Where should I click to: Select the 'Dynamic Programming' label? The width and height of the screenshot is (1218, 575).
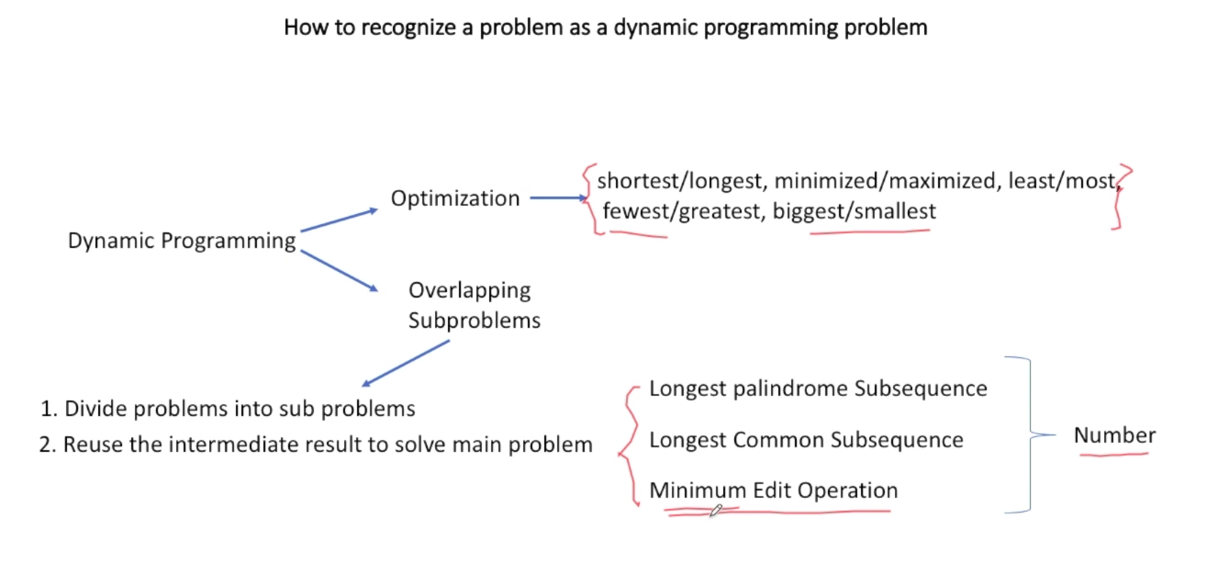point(182,241)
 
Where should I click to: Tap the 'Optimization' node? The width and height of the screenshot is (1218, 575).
point(455,198)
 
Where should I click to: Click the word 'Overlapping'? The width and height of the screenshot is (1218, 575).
point(469,291)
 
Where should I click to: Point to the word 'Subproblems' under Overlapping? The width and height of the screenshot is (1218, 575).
point(475,321)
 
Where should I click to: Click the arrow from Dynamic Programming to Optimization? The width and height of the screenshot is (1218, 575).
point(340,220)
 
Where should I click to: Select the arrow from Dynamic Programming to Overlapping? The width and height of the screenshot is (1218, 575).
point(340,270)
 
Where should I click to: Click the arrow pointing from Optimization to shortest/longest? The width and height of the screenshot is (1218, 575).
point(558,198)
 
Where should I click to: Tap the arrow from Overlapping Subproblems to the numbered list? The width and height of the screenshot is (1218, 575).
point(406,363)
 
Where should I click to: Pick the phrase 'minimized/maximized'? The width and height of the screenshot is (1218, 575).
point(885,181)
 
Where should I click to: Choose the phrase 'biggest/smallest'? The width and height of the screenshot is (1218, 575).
point(855,211)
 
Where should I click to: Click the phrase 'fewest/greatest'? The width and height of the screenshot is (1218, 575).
point(681,211)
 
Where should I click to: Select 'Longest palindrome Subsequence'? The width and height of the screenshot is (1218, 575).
point(819,389)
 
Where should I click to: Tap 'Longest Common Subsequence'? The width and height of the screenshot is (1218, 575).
point(807,440)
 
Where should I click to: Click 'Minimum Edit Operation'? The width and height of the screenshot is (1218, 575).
point(774,490)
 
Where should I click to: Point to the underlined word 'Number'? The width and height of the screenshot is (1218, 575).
point(1114,435)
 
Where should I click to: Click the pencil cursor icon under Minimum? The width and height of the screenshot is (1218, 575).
point(716,511)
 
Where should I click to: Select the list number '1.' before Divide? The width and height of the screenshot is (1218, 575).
point(49,409)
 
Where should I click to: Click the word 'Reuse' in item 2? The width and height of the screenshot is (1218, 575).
point(94,445)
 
